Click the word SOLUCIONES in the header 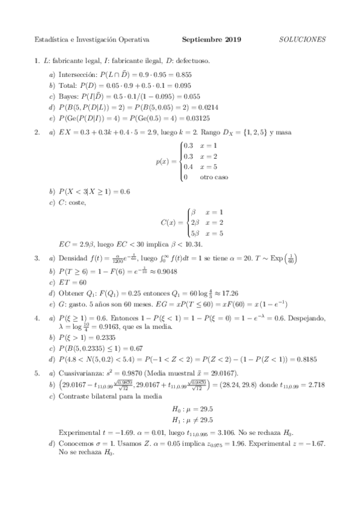pos(303,40)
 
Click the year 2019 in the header pos(231,40)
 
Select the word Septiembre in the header pos(202,40)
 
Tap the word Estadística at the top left pos(51,40)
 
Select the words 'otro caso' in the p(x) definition pos(214,177)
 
